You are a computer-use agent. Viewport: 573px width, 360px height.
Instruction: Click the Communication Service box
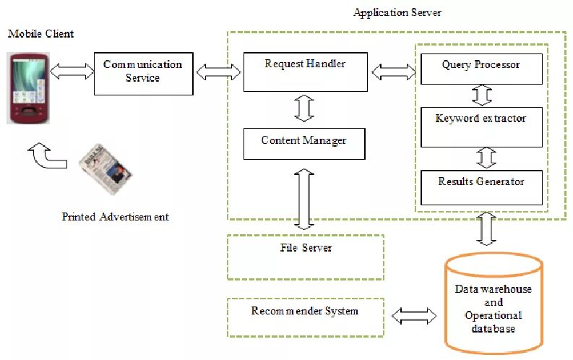tap(143, 73)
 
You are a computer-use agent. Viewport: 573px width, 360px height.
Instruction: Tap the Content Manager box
tap(303, 143)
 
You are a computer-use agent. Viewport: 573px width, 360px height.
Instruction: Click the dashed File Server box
tap(305, 257)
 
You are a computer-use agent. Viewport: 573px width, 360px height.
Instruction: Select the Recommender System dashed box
tap(305, 317)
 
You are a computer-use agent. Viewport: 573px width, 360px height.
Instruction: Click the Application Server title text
tap(397, 13)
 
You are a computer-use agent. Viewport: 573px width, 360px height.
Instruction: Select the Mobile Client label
tap(40, 34)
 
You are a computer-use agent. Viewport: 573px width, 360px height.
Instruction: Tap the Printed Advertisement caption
tap(115, 216)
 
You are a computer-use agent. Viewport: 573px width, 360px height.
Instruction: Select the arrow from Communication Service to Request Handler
tap(218, 71)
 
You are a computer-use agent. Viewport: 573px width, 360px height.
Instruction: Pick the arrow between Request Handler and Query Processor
tap(393, 71)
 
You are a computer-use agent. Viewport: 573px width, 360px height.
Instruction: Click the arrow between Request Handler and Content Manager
tap(304, 108)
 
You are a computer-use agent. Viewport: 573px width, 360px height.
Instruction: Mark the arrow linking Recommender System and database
tap(413, 316)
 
